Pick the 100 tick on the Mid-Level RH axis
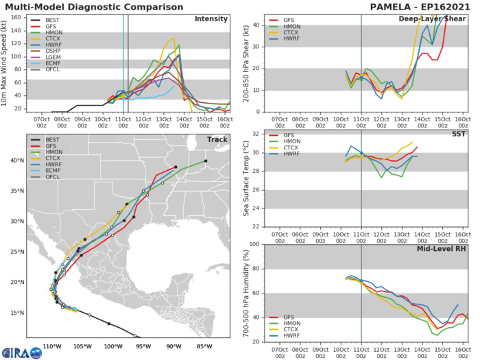(256, 244)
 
